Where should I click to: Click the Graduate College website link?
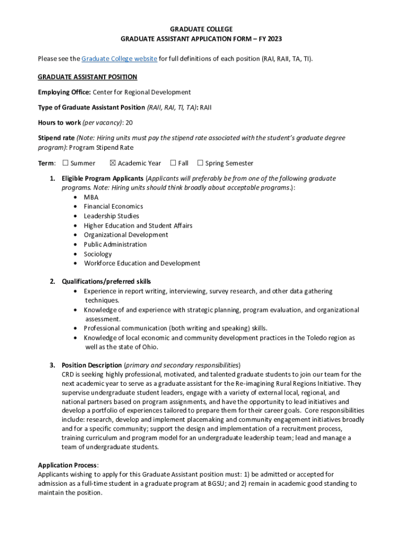[119, 59]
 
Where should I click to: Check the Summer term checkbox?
[65, 163]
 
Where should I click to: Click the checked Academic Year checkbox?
[113, 163]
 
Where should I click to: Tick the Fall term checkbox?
[173, 163]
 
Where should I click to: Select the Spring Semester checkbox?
[200, 163]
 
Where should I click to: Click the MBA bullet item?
[91, 197]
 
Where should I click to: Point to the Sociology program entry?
[97, 254]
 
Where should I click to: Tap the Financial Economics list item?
[113, 207]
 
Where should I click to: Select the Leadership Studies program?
[111, 216]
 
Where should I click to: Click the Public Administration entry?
[115, 244]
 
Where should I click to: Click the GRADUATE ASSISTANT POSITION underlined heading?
[87, 77]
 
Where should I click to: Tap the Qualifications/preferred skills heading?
[106, 282]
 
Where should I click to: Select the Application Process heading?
[68, 465]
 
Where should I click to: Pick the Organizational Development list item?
[126, 235]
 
